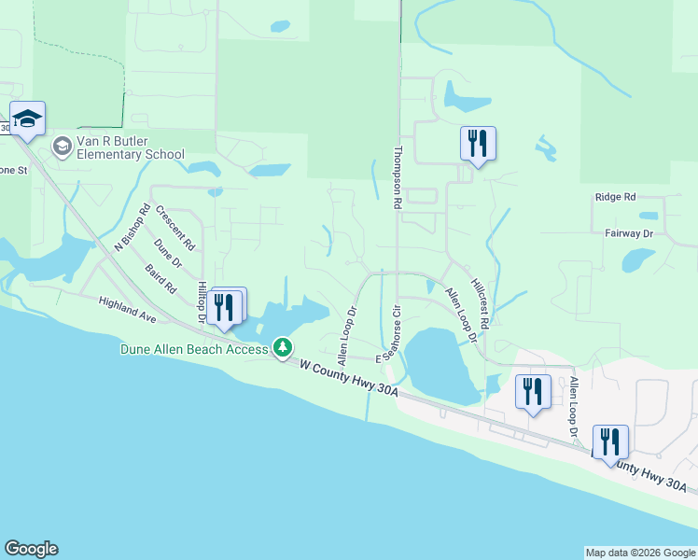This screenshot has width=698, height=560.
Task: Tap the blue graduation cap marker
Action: pos(28,119)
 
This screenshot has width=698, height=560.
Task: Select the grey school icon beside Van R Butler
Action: pos(63,146)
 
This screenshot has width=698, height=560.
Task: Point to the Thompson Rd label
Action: pos(398,175)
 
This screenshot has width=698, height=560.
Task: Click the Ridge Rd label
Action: pos(614,197)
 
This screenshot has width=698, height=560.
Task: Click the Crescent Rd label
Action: pos(175,228)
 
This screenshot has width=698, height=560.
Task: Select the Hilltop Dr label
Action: pos(202,302)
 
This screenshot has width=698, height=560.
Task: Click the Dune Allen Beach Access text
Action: pos(194,349)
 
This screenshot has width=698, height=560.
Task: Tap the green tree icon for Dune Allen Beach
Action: pos(282,349)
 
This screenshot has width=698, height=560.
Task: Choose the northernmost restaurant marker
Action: pos(478,144)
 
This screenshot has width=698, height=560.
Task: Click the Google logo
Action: pos(31,549)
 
